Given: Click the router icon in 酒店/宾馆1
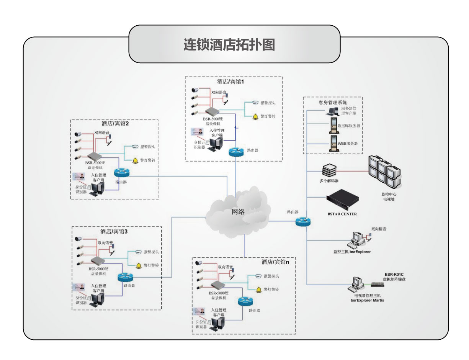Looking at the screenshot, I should click(x=236, y=151).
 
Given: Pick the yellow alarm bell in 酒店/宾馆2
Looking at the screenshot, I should click(x=135, y=160).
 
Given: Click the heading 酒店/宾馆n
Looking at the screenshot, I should click(x=275, y=262).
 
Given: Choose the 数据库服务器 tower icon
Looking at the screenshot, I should click(x=333, y=126).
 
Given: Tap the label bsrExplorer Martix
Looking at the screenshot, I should click(x=367, y=300).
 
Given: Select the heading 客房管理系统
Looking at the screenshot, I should click(x=332, y=103).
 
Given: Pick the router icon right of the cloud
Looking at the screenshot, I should click(x=303, y=221).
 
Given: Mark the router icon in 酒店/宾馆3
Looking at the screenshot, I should click(x=125, y=277).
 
